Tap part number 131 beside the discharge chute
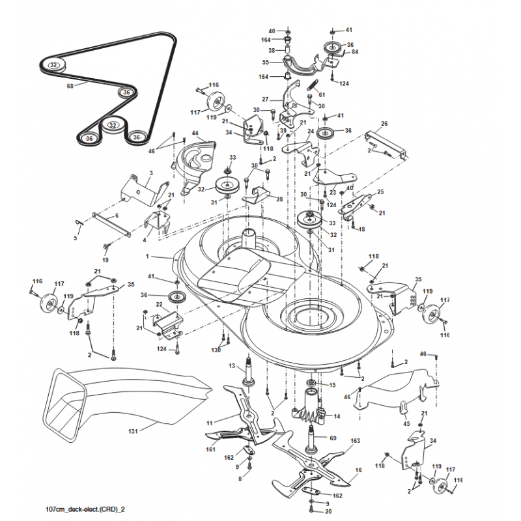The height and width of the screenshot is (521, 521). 132,430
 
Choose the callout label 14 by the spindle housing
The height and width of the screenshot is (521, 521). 337,415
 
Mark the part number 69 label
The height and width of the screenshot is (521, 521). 333,438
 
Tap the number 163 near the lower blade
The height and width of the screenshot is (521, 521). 355,441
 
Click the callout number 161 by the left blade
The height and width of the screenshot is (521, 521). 210,449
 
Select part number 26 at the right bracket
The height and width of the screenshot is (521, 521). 384,124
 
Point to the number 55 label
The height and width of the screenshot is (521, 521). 265,63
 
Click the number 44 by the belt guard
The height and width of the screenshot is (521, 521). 195,134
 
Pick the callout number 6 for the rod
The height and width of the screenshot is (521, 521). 117,216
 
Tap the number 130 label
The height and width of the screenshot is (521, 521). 216,350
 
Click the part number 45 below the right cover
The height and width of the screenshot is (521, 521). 406,424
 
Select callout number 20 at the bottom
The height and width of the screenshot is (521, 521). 328,511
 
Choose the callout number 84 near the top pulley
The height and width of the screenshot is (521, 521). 355,52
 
